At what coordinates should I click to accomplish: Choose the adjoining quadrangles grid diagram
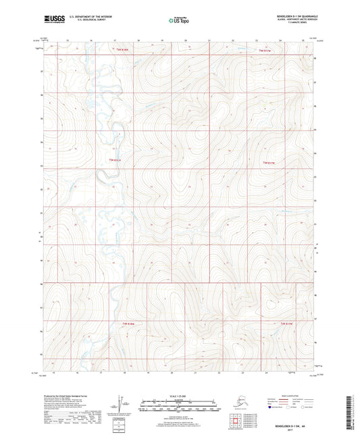click(x=236, y=421)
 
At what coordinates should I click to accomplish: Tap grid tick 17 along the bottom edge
click(x=100, y=372)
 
